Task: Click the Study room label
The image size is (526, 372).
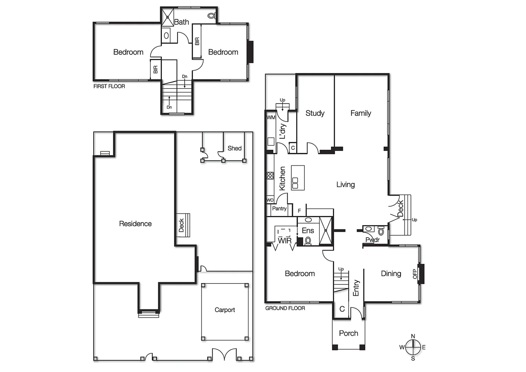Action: [x=315, y=113]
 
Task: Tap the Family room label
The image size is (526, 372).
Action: [x=361, y=113]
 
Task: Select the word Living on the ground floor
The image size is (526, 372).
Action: [x=345, y=185]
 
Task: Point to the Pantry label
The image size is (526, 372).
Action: [x=279, y=208]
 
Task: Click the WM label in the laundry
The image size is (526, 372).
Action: [x=271, y=117]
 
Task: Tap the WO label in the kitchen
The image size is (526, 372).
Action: [x=270, y=200]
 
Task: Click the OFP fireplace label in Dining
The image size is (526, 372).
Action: [x=415, y=274]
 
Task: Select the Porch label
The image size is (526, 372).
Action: [x=348, y=333]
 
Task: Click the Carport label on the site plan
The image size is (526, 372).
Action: [x=225, y=310]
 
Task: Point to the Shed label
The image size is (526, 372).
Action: [x=234, y=148]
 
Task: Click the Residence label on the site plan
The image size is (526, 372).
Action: [x=135, y=224]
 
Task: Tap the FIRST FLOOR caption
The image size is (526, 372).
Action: [x=109, y=86]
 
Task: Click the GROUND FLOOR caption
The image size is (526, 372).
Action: [x=285, y=308]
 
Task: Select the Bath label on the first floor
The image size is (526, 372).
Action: [x=181, y=22]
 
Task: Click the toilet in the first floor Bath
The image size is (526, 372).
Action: [x=211, y=16]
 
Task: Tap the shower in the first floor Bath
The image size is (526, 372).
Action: [x=168, y=17]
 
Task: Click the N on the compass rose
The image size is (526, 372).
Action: [x=413, y=336]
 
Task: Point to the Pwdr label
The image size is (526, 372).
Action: [x=372, y=240]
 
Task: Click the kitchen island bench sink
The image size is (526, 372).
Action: [x=295, y=183]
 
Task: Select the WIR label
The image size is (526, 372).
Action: [x=285, y=240]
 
